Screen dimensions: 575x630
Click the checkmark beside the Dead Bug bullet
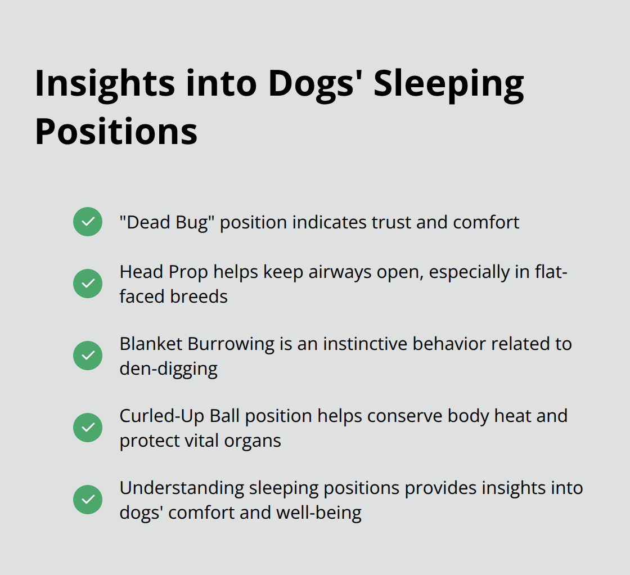pos(88,222)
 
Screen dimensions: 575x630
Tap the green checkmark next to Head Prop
pos(88,284)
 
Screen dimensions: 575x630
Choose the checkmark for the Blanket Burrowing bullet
pos(88,356)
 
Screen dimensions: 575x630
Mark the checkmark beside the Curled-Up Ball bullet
pos(88,428)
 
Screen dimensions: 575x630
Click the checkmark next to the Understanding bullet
pos(88,500)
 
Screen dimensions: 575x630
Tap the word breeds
pos(200,296)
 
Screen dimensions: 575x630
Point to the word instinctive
pos(354,344)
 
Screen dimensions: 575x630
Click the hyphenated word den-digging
pos(168,369)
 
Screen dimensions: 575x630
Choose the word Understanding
pos(182,488)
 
